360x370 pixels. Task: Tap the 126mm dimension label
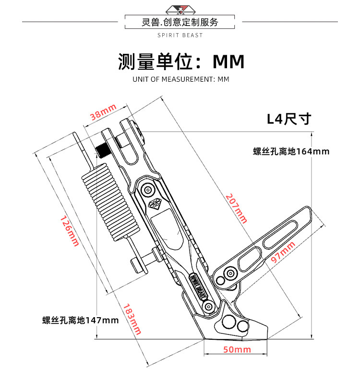click(70, 231)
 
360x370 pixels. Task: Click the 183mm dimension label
click(131, 320)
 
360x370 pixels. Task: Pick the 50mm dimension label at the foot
click(238, 349)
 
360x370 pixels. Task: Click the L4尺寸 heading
click(289, 118)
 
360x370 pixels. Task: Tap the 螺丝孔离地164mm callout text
click(291, 151)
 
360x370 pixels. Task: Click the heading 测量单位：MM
click(181, 62)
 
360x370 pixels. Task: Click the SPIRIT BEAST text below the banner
click(180, 35)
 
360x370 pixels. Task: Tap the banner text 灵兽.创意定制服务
click(180, 22)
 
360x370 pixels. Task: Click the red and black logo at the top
click(180, 8)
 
